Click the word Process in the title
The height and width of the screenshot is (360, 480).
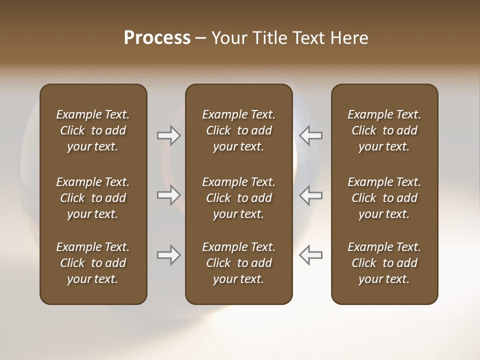(x=157, y=38)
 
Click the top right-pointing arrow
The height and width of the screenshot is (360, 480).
(x=169, y=135)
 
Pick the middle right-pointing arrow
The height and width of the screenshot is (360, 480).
(x=169, y=195)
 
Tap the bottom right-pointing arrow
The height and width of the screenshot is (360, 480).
(x=169, y=255)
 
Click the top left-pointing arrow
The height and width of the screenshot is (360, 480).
(x=310, y=135)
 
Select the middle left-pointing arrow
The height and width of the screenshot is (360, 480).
(x=310, y=195)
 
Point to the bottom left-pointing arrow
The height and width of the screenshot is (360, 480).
(x=310, y=255)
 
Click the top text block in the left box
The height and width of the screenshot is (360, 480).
(x=93, y=130)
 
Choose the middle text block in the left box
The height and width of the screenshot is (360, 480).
(x=93, y=198)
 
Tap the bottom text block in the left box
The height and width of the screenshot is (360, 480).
(x=93, y=263)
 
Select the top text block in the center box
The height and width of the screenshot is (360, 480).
(x=238, y=130)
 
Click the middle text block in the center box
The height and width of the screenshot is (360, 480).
(x=238, y=198)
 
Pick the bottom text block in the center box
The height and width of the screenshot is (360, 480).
(x=238, y=263)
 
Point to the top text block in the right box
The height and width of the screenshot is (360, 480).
(x=384, y=130)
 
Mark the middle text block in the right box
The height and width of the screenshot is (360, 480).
(x=384, y=198)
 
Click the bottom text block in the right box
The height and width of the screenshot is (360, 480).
(x=384, y=263)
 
